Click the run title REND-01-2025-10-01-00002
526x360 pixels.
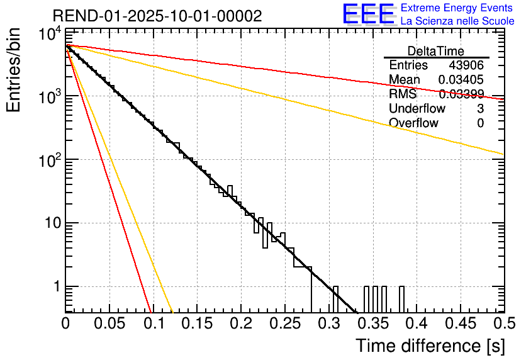pyautogui.click(x=157, y=16)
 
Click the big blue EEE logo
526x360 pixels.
pyautogui.click(x=368, y=15)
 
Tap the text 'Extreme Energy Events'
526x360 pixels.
pyautogui.click(x=457, y=9)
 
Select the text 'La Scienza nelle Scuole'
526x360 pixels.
pyautogui.click(x=457, y=21)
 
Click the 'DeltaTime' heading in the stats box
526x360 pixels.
pyautogui.click(x=436, y=51)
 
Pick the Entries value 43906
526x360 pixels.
pyautogui.click(x=466, y=65)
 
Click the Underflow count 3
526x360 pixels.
pyautogui.click(x=480, y=109)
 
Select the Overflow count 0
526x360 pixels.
pyautogui.click(x=480, y=123)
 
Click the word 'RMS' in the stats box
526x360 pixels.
pyautogui.click(x=402, y=94)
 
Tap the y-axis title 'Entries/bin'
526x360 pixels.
pyautogui.click(x=14, y=71)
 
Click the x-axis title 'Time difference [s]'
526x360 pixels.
pyautogui.click(x=429, y=346)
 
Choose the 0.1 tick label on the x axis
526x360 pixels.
pyautogui.click(x=154, y=324)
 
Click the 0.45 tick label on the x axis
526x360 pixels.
pyautogui.click(x=459, y=324)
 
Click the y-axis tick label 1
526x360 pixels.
pyautogui.click(x=54, y=287)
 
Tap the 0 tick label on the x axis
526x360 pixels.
pyautogui.click(x=65, y=324)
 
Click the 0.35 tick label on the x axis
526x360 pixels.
pyautogui.click(x=372, y=324)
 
